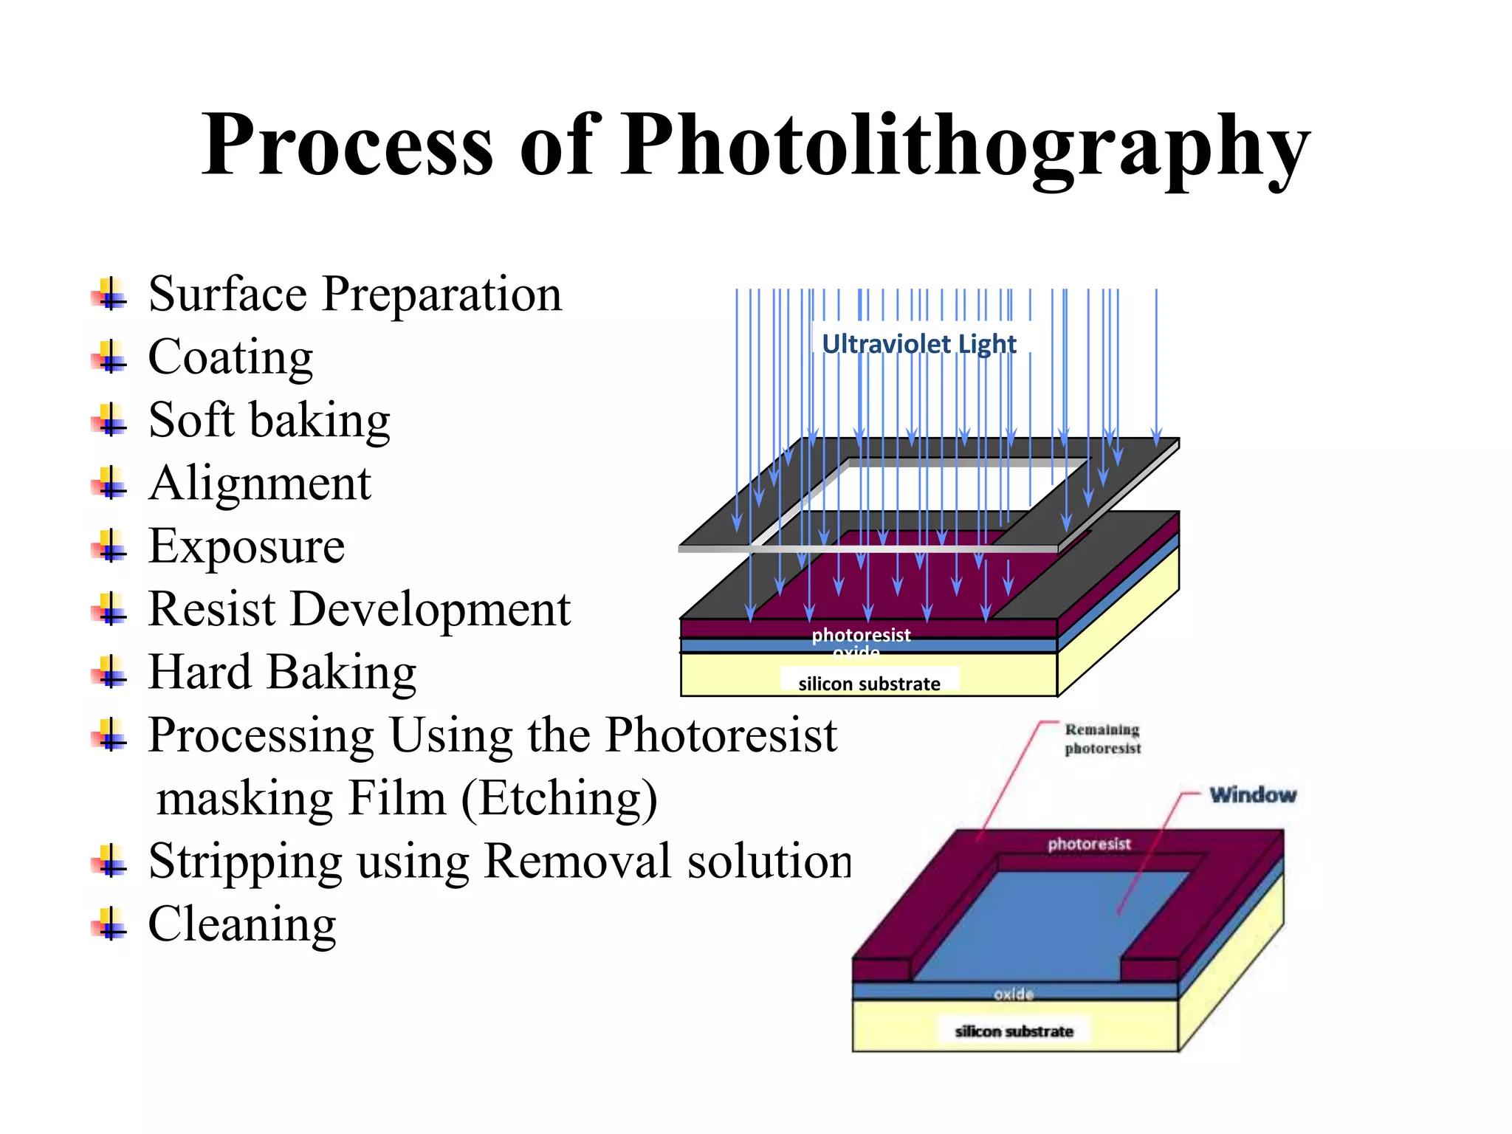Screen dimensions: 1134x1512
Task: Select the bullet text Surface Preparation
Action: (x=354, y=295)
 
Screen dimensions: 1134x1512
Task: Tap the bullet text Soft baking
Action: (x=269, y=421)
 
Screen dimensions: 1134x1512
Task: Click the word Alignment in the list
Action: (x=259, y=484)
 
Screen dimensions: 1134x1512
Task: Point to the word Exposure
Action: (x=246, y=547)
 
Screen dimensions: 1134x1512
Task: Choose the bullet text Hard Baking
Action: (x=282, y=673)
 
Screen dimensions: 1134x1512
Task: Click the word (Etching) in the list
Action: (x=559, y=799)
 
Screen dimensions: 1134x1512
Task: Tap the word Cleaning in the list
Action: (x=242, y=924)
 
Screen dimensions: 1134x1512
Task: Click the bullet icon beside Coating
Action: (x=110, y=358)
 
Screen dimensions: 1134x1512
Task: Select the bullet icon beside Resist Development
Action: (x=110, y=611)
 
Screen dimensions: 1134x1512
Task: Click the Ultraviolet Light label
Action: (x=918, y=344)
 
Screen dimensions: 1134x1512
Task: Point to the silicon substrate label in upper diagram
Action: (x=869, y=684)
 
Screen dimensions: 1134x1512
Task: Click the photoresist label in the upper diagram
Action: (x=861, y=635)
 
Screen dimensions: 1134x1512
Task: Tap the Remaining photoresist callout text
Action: (x=1102, y=739)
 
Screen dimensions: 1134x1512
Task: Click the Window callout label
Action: (x=1253, y=795)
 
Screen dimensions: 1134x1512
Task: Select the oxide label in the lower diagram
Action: (x=1014, y=994)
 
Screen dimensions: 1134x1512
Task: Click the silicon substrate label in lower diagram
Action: (x=1014, y=1031)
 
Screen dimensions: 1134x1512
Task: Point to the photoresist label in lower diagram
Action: (x=1089, y=844)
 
